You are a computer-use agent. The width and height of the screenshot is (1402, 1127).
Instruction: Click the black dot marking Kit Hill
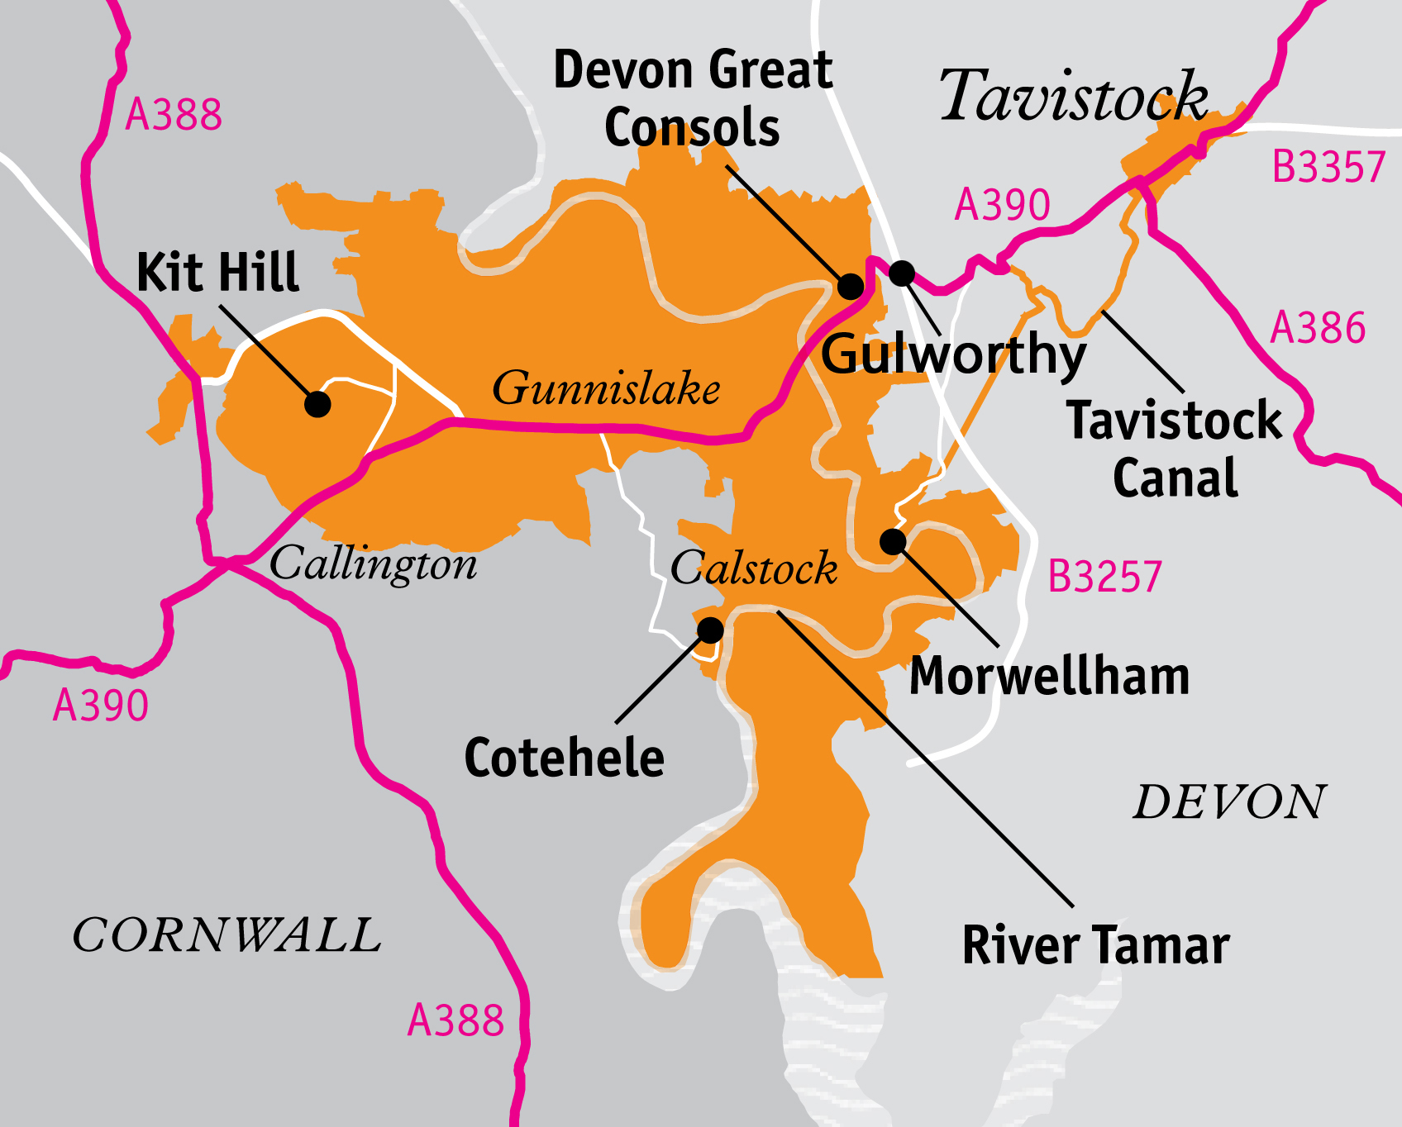(317, 404)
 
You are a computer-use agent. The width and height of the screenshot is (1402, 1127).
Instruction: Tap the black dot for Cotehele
(710, 630)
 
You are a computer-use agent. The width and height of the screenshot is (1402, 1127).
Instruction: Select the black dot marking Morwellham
(893, 542)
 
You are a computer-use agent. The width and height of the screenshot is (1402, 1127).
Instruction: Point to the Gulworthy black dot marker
(901, 273)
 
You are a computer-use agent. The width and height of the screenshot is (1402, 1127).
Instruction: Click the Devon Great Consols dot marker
(851, 287)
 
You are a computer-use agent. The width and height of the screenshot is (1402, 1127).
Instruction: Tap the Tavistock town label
(1073, 97)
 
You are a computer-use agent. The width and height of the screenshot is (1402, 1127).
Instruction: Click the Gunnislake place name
(606, 388)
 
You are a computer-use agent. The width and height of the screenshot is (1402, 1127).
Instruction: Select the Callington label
(374, 564)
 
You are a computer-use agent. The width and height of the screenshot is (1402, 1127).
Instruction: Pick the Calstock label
(754, 568)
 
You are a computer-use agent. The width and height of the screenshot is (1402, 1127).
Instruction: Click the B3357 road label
(1328, 167)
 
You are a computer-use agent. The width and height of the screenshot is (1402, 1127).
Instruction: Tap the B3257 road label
(1104, 577)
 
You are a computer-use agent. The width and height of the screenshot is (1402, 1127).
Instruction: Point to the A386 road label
(1318, 328)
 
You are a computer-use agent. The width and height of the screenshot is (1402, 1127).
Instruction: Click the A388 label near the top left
(174, 115)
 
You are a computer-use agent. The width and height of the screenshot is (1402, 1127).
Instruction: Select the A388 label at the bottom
(455, 1020)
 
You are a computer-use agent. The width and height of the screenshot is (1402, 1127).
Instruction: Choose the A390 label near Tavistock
(1002, 205)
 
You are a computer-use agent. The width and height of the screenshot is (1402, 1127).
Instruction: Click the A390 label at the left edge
(101, 706)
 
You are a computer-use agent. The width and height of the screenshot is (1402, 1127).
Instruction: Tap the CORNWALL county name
(227, 935)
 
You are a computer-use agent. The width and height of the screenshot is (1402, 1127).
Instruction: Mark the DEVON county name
(1229, 802)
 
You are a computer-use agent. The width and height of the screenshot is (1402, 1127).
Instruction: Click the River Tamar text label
(1095, 945)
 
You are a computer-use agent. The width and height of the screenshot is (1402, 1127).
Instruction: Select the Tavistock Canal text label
(1174, 449)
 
